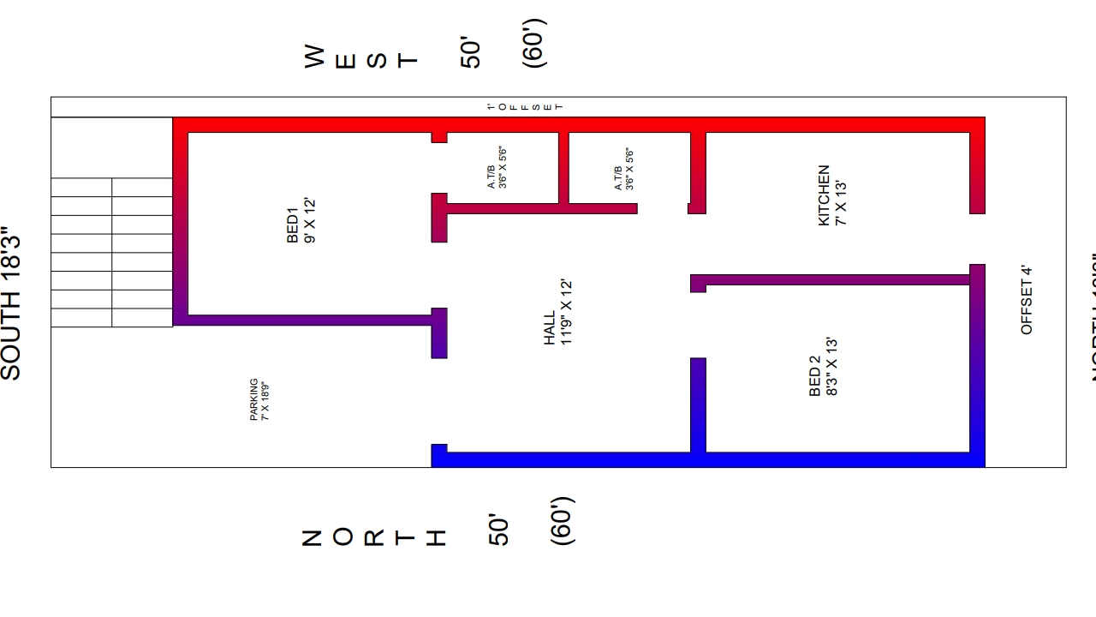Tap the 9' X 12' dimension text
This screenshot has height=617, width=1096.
tap(310, 221)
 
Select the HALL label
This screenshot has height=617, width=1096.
tap(549, 328)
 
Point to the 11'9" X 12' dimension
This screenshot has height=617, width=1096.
tap(565, 312)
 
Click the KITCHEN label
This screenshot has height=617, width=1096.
tap(824, 195)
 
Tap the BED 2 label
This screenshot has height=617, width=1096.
tap(814, 377)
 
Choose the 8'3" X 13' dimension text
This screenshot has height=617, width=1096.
tap(831, 367)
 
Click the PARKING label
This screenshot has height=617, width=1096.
tap(254, 399)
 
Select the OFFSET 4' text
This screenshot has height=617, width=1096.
tap(1027, 300)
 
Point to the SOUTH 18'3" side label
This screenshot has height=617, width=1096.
tap(11, 303)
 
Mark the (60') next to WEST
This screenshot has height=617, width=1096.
tap(533, 44)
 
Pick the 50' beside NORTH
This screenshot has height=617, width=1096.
tap(499, 530)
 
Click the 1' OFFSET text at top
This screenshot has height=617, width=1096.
tap(525, 106)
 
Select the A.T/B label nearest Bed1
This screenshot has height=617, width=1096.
tap(497, 168)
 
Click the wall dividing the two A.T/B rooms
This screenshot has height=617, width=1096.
tap(563, 168)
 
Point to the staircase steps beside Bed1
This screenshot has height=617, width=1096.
tap(111, 252)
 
